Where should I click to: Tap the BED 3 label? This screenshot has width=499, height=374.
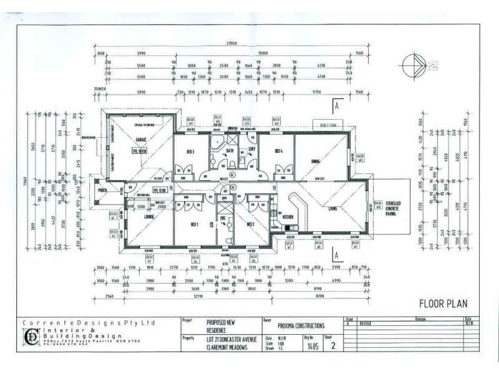[x=190, y=152]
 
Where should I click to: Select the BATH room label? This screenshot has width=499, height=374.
[x=230, y=150]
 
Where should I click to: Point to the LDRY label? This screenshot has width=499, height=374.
[x=251, y=148]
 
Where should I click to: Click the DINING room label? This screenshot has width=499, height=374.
[x=316, y=161]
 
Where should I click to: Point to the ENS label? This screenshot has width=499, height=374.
[x=223, y=218]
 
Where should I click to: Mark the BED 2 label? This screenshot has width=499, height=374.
[x=251, y=224]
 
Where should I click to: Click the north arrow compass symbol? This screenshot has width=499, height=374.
[x=414, y=64]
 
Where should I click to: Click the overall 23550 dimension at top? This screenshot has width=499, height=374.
[x=233, y=44]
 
